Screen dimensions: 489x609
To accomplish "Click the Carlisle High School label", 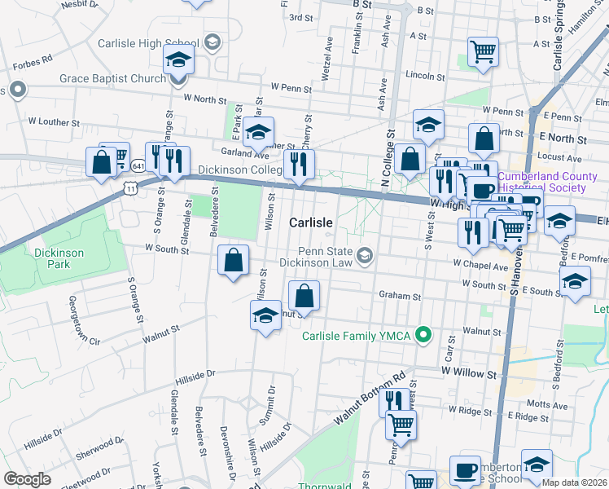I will [147, 43].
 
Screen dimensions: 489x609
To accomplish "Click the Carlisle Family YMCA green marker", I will [423, 334].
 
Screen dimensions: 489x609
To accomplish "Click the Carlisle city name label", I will [311, 222].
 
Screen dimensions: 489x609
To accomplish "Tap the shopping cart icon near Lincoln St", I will [484, 52].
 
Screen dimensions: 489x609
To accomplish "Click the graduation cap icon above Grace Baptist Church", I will [179, 59].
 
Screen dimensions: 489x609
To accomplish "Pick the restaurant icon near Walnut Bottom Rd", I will [393, 400].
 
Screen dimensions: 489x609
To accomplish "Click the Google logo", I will [27, 478].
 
